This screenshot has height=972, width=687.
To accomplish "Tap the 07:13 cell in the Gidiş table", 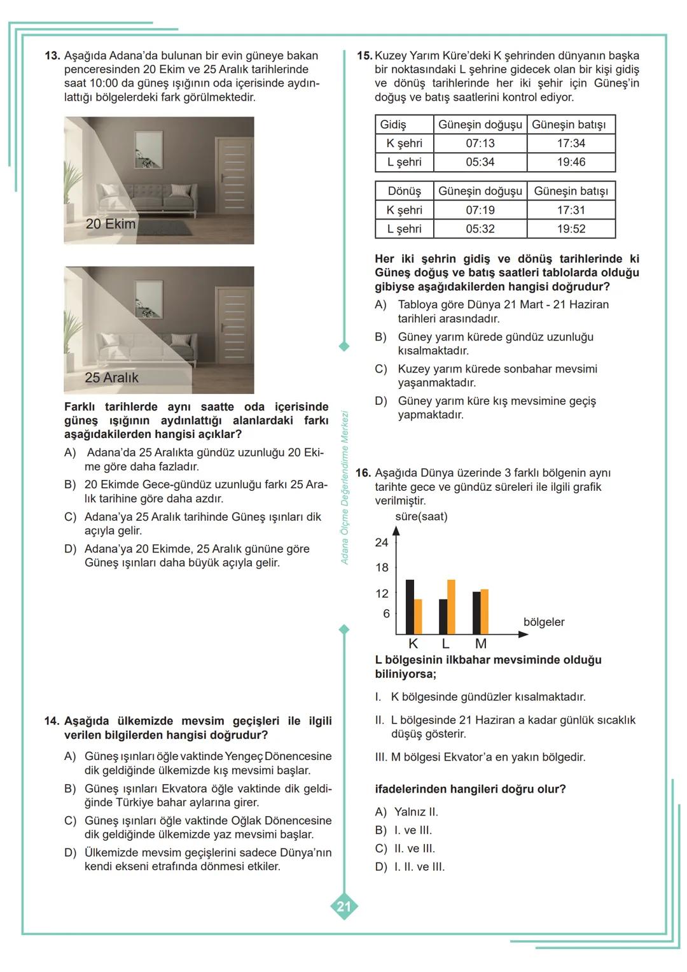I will (480, 143).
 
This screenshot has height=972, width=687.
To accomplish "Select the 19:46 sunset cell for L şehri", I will (571, 162).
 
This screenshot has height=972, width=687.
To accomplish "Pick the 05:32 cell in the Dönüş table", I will (480, 229).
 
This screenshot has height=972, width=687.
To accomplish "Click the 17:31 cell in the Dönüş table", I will (571, 210).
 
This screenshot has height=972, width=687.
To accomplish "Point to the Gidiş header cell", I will (393, 125).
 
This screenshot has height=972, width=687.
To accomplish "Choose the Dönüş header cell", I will (404, 191).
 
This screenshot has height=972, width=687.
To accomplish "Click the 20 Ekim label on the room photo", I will (111, 224).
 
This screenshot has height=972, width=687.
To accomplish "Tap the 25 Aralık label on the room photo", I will (111, 377).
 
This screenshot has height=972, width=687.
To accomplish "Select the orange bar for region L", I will (451, 607).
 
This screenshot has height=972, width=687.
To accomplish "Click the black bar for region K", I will (410, 607).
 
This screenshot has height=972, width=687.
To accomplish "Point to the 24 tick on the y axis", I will (382, 542).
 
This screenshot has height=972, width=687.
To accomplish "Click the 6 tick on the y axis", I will (385, 614).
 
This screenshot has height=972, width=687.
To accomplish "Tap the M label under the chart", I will (481, 644).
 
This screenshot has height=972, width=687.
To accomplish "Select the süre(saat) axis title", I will (421, 516).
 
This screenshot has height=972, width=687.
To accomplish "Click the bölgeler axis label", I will (543, 622).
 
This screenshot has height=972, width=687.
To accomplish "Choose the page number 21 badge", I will (343, 906).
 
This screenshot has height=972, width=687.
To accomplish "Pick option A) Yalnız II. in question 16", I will (406, 812).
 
